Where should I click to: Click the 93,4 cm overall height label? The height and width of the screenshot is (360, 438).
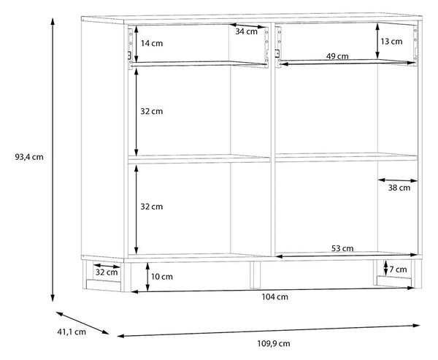coord(29,157)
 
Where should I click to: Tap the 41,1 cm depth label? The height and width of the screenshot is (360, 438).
coord(72,332)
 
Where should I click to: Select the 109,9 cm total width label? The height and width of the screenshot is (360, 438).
coord(274,343)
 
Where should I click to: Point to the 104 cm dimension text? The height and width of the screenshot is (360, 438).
coord(274,296)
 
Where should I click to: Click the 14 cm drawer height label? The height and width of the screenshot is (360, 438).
coord(151,44)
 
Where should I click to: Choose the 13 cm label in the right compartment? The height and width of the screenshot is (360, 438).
coord(391,42)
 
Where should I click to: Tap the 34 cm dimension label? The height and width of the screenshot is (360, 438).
coord(246,31)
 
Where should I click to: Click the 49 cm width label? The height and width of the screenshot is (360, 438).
coord(337,56)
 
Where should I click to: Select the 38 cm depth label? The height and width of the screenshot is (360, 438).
coord(399,188)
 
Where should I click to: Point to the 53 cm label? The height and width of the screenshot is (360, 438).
coord(342,248)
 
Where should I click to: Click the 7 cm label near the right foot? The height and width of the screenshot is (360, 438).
coord(398,269)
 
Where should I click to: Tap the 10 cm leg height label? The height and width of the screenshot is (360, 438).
coord(162,277)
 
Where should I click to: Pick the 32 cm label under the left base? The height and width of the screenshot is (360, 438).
coord(107,272)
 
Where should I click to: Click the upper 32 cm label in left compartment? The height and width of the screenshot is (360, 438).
coord(151,111)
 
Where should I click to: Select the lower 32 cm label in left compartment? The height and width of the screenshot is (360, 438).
coord(151,207)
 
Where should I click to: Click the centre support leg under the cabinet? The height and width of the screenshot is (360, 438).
coord(255,275)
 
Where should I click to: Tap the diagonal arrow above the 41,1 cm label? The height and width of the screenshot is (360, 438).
coord(82,323)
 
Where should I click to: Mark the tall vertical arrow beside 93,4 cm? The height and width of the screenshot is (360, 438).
coord(53,160)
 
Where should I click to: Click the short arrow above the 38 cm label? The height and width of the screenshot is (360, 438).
coord(398,180)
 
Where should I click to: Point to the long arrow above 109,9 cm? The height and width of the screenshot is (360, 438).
coord(269,330)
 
